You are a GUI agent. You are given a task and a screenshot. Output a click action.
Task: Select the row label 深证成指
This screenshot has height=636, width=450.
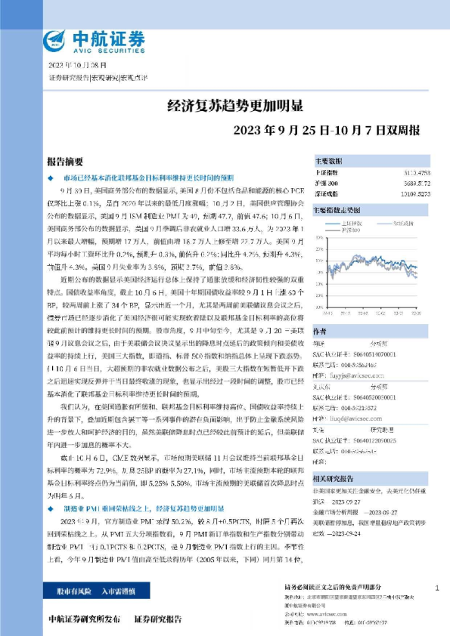coord(326,193)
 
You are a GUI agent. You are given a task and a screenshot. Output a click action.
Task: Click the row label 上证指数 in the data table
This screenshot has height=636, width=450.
coord(326,174)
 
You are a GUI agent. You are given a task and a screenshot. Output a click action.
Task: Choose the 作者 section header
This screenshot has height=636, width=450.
coord(320,332)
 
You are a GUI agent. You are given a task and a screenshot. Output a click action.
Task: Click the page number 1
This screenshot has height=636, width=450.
coord(438,587)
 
